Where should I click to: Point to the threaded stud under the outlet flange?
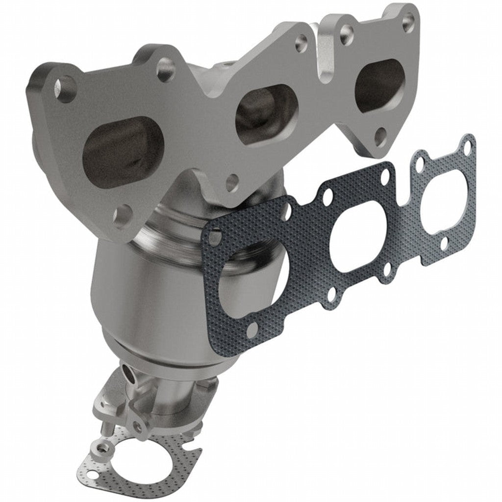coord(104,428)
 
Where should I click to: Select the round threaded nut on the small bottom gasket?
coord(104,449)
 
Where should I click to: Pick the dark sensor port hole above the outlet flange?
coord(130,375)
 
